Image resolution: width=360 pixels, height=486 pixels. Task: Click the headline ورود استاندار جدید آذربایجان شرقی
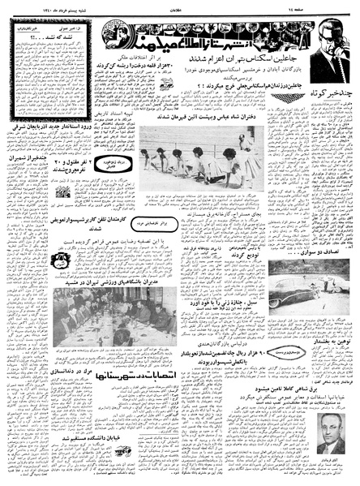coord(86,166)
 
